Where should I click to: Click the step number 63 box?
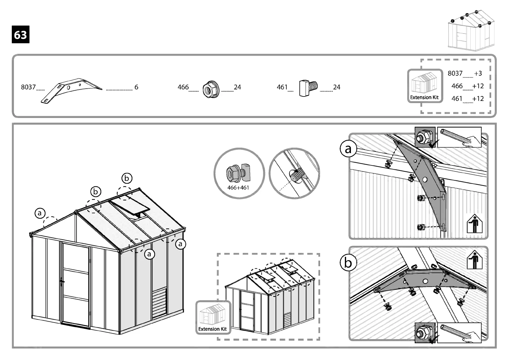click(21, 35)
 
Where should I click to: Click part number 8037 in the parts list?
click(28, 87)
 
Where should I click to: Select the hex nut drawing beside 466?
click(210, 89)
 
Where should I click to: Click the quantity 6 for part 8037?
click(136, 87)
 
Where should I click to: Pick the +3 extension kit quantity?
click(478, 74)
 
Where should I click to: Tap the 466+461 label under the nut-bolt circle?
click(238, 188)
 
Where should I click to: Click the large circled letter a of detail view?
click(348, 149)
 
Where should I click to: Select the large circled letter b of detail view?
click(348, 263)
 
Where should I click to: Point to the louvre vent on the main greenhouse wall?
click(159, 303)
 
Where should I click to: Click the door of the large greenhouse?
click(76, 285)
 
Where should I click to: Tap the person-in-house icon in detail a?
click(474, 224)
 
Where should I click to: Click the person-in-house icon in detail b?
click(474, 260)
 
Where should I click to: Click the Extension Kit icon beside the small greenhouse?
click(213, 317)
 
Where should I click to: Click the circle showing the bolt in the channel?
click(294, 173)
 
